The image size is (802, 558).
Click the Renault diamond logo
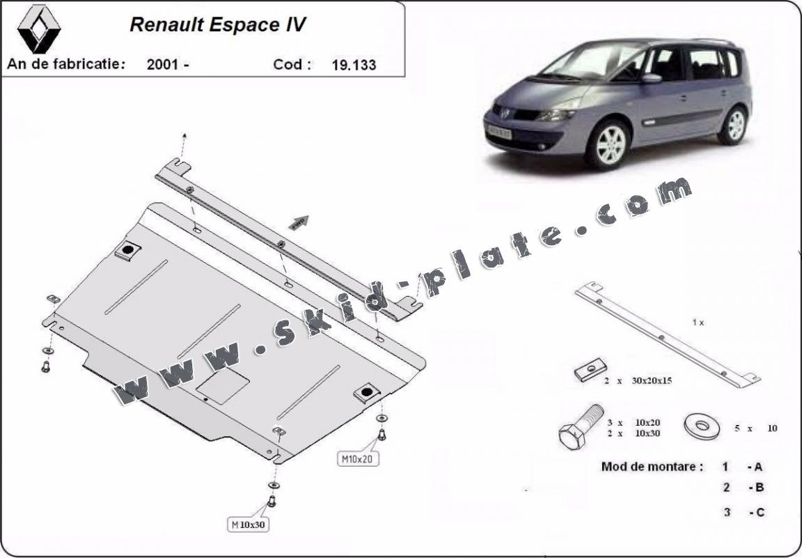click(39, 29)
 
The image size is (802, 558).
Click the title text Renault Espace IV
click(218, 24)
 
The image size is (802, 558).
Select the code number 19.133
click(354, 65)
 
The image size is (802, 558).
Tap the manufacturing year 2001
click(163, 65)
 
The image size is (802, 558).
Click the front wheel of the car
click(608, 144)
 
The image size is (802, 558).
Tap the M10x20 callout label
click(358, 459)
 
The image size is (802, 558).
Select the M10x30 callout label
click(249, 524)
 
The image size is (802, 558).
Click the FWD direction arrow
click(299, 223)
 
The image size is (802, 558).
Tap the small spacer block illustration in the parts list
click(590, 370)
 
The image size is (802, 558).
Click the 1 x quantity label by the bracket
click(698, 323)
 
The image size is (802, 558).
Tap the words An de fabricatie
click(66, 64)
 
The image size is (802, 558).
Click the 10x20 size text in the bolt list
click(647, 423)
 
